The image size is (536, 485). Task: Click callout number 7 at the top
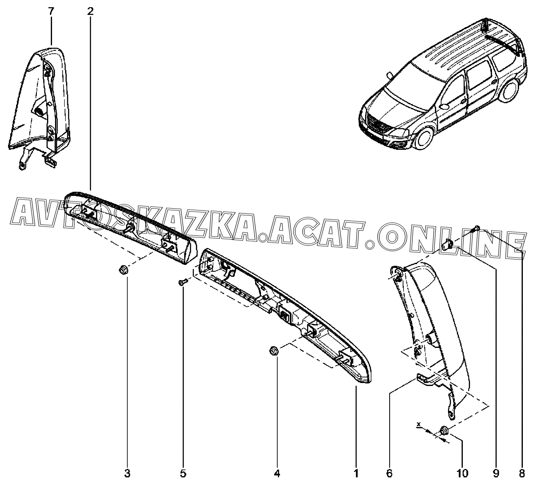coord(51,11)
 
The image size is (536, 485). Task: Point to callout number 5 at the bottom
coord(183,473)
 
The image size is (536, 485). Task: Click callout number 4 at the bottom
coord(277,473)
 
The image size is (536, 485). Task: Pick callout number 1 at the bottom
coord(356,473)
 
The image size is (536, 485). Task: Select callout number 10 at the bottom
coord(462,473)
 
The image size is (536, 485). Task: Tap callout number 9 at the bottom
coord(496,473)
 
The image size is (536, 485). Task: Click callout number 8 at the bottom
coord(522,473)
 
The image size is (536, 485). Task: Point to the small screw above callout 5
coord(182,282)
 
